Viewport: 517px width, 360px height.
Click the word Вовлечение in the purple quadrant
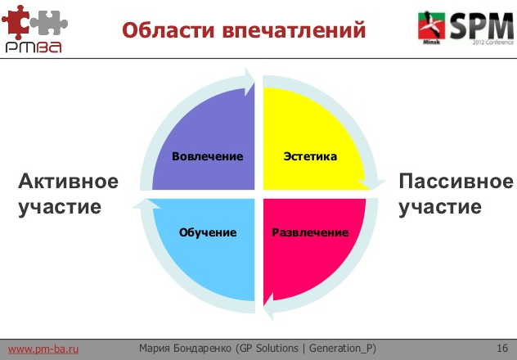click(208, 155)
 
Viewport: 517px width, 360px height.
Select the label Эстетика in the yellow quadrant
click(310, 155)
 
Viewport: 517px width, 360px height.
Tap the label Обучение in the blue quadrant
click(208, 232)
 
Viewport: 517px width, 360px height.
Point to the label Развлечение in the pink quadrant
click(310, 232)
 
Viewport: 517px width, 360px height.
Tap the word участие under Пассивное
click(440, 206)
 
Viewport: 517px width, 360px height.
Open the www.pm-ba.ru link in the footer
click(43, 349)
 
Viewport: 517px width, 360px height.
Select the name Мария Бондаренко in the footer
click(186, 349)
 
